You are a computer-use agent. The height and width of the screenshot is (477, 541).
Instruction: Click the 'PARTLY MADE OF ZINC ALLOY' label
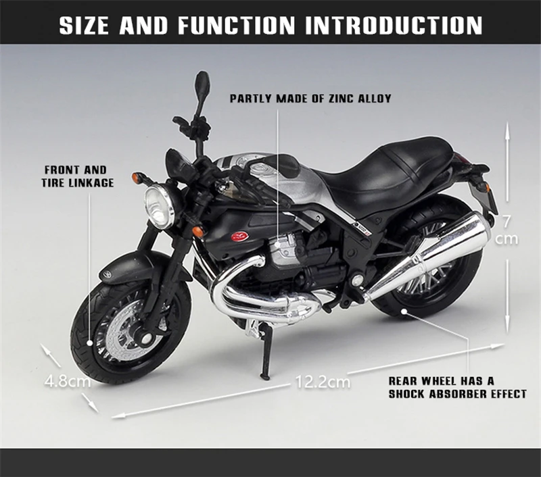click(310, 99)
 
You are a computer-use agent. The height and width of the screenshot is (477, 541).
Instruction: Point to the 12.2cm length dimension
click(323, 382)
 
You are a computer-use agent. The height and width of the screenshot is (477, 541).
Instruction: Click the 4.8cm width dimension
click(68, 380)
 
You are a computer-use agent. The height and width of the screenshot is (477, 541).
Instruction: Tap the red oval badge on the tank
click(238, 236)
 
